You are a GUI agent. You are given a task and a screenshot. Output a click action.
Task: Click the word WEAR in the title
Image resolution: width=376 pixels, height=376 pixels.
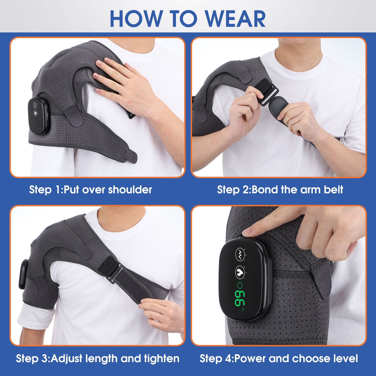tap(235, 19)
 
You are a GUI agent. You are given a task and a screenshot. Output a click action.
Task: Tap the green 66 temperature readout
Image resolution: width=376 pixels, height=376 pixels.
tap(239, 298)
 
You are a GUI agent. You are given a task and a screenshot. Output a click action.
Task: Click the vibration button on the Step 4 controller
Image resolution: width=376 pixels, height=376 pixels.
tap(240, 254)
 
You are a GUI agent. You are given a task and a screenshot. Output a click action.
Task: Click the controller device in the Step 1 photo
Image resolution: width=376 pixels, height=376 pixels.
tap(38, 116)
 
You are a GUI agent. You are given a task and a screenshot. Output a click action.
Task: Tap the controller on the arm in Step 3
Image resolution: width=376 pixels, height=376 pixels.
tap(23, 274)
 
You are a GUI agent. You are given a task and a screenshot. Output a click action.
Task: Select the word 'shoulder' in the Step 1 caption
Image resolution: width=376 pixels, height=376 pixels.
tap(130, 190)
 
